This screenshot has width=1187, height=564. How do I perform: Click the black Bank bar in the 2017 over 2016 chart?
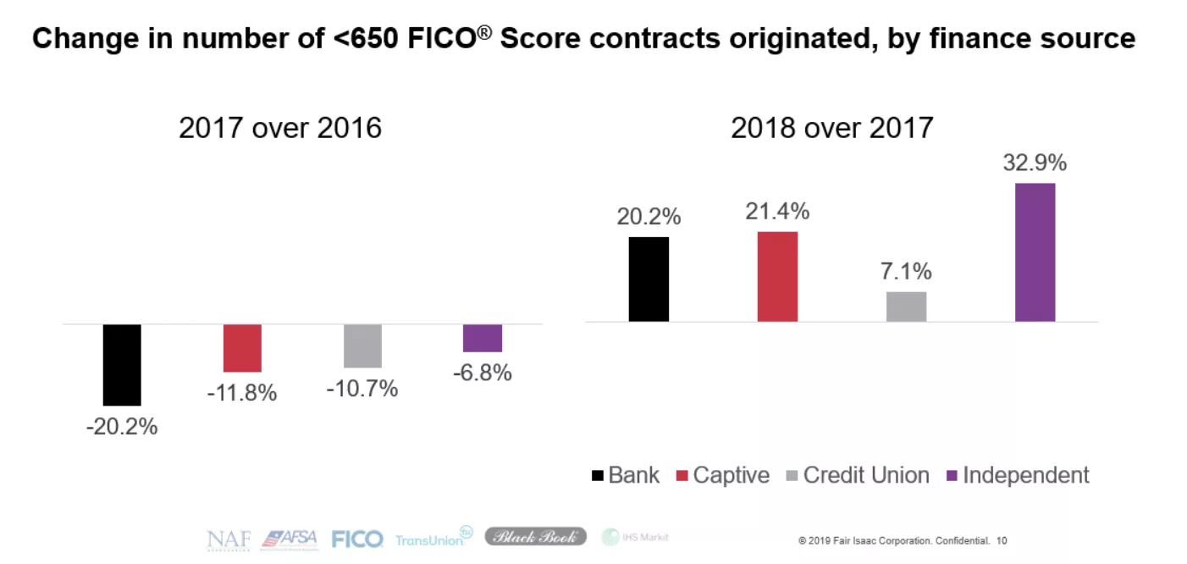122,364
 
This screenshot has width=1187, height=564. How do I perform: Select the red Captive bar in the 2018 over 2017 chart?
777,276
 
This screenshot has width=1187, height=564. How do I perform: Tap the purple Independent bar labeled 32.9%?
1035,252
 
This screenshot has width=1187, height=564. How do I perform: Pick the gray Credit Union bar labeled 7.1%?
906,307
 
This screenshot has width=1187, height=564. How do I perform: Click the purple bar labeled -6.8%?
483,338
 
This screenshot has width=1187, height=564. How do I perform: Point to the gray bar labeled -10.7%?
362,346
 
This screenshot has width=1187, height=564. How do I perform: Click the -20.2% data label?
122,427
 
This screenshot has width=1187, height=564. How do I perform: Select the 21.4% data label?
777,211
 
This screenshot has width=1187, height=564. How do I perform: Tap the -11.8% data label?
242,394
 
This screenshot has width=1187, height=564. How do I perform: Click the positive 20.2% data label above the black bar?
649,217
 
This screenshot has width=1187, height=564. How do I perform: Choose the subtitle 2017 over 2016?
280,128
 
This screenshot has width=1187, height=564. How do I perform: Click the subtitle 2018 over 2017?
831,128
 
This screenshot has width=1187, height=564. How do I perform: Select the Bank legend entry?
626,475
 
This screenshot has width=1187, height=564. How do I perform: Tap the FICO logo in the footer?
357,539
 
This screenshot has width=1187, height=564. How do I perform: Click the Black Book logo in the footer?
535,536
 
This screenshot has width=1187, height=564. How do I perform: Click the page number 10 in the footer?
1002,539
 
